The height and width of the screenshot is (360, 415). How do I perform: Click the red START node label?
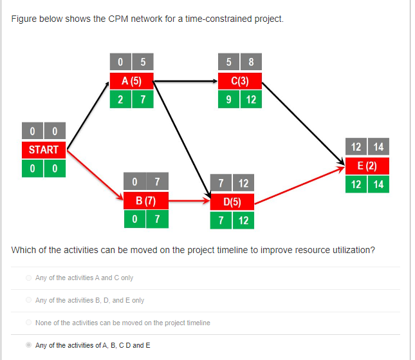pos(43,150)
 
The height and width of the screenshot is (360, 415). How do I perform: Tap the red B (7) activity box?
pos(146,200)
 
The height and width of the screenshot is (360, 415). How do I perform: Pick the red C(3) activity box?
pos(239,82)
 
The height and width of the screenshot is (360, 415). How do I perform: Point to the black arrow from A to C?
pos(187,82)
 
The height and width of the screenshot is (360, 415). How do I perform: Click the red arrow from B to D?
pos(190,201)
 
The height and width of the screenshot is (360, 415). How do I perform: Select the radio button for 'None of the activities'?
pos(28,323)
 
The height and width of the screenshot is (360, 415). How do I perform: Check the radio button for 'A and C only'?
pos(28,278)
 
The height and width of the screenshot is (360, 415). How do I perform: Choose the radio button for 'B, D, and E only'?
pos(28,300)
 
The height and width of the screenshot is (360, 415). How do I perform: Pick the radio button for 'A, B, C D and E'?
pos(28,345)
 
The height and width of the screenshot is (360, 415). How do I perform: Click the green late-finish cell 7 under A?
pos(142,100)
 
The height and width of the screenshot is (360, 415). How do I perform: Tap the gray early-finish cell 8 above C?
pos(251,63)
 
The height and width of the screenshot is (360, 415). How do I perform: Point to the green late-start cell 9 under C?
pos(228,100)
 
